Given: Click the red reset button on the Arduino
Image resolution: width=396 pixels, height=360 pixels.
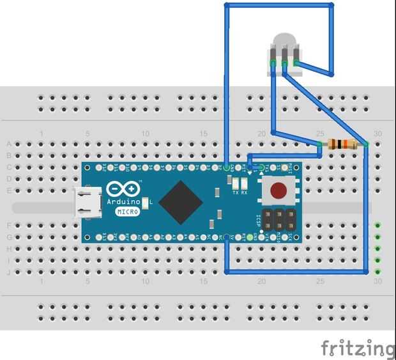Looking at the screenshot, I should pos(278,191).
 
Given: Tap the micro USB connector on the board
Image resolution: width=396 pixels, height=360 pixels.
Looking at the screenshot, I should pos(85,201).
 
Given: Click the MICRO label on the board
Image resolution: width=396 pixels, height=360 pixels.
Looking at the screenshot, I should pos(128,212).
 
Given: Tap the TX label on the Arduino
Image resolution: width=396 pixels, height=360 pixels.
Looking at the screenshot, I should pos(235,192).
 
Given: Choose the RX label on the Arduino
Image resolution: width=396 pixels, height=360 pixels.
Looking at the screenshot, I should pos(244,192).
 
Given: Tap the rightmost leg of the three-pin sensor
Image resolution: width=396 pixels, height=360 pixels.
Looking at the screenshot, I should pos(296,64).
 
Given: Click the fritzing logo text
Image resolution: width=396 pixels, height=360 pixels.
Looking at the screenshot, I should pos(358,348).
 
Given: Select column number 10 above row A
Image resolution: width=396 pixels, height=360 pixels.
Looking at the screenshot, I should pos(146,134).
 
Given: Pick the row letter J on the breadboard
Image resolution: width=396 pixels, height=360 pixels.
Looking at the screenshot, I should pos(8,272).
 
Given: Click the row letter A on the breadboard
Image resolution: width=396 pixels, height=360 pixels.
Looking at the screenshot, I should pos(8,144).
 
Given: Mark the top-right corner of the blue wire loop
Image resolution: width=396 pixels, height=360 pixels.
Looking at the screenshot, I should pos(332,6).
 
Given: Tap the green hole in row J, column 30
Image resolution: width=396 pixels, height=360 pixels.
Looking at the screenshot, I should pos(378,272).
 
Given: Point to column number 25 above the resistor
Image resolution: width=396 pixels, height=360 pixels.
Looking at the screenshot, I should pos(319,134).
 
